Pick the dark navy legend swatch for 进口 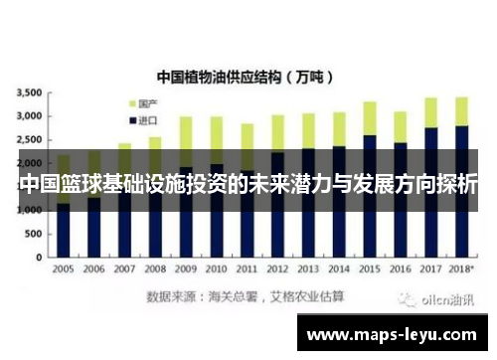131,119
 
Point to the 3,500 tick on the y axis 28,92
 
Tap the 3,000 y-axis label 28,116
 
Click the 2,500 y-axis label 28,140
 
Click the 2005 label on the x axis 63,270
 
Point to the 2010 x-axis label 216,270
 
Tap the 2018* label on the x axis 461,270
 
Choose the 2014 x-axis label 338,270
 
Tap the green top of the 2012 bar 277,132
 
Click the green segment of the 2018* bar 461,110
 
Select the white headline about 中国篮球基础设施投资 248,185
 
